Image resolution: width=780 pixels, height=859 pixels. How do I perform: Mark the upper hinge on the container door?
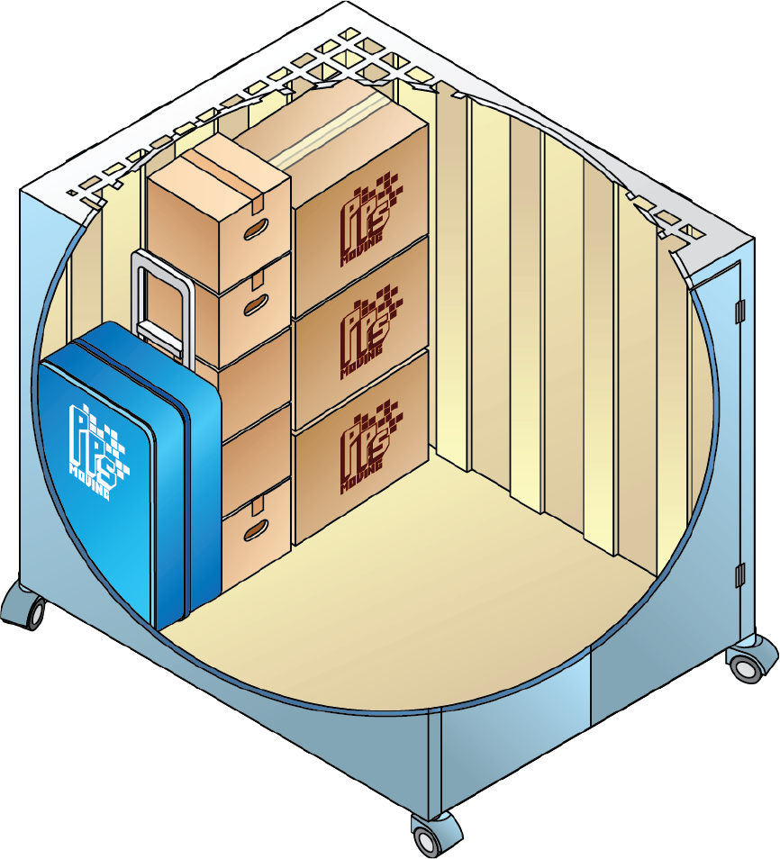pyautogui.click(x=740, y=312)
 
